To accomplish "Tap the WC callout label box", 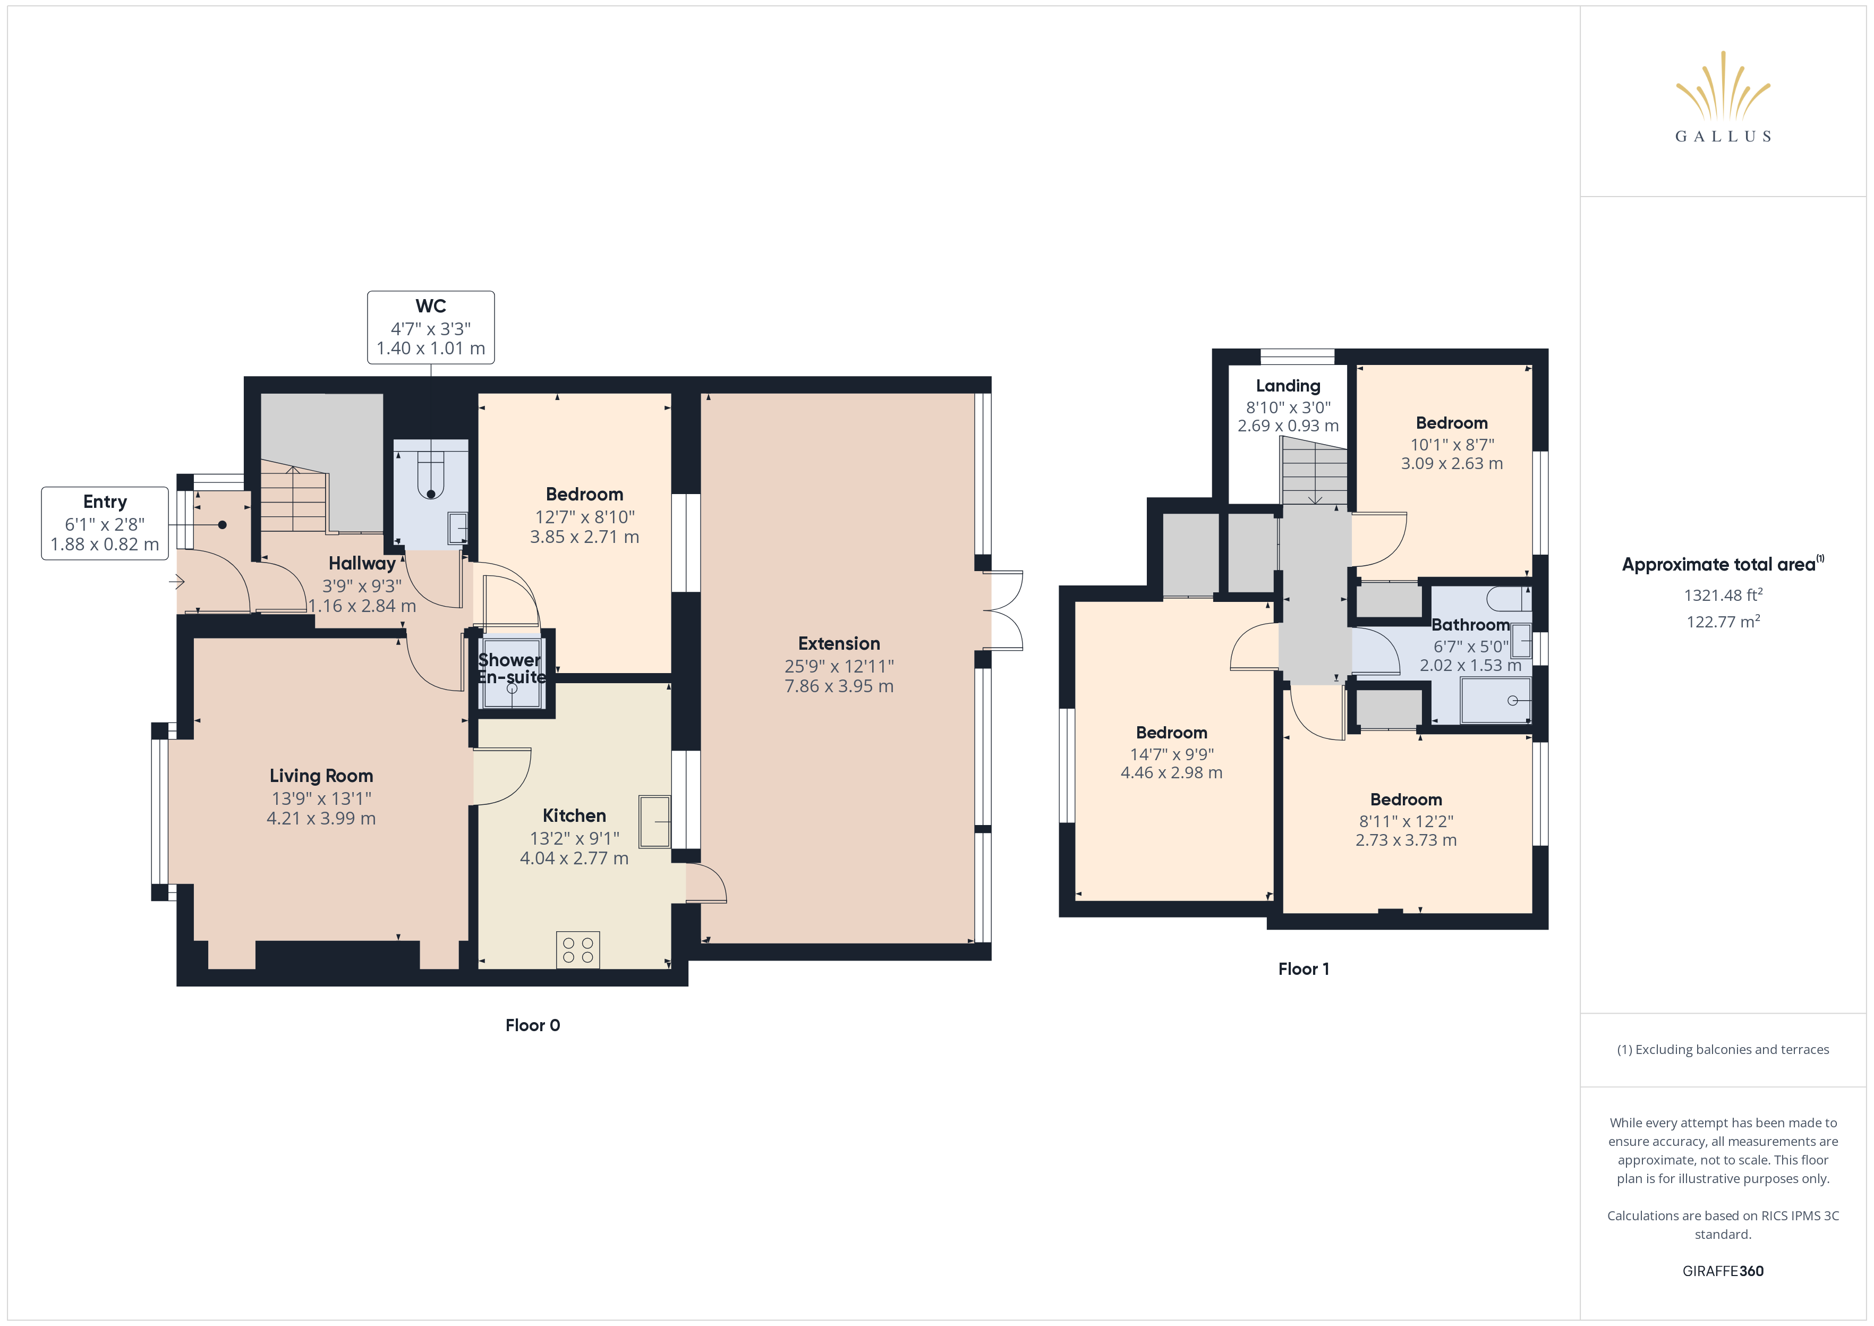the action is click(431, 327).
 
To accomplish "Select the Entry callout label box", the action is click(105, 523).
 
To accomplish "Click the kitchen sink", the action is click(654, 821).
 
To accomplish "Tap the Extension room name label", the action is click(839, 643).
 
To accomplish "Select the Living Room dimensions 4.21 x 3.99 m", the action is click(321, 818).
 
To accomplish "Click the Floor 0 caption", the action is click(533, 1025).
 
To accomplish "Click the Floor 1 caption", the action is click(1304, 969).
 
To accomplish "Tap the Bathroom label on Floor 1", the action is click(1471, 625).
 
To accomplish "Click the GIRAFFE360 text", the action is click(1723, 1271).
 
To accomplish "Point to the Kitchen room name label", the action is click(575, 815).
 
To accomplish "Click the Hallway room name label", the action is click(362, 563).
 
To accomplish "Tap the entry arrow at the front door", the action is click(177, 582).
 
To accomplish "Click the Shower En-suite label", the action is click(511, 668).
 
